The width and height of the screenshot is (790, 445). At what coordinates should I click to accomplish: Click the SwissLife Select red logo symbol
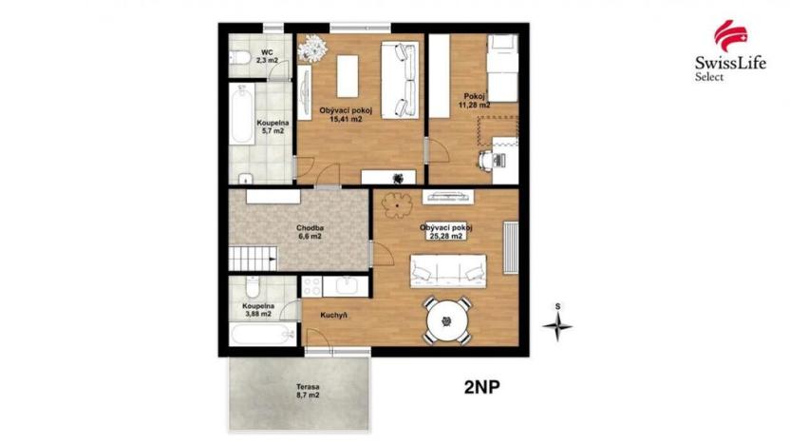click(726, 36)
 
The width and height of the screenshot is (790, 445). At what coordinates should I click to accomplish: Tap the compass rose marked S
click(558, 326)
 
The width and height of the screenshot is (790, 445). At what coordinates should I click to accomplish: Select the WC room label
click(268, 54)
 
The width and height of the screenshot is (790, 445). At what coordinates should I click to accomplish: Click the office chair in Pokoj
click(487, 161)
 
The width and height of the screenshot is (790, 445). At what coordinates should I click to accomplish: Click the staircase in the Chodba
click(251, 256)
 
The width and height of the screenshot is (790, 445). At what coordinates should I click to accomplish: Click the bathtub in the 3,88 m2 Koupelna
click(260, 335)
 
